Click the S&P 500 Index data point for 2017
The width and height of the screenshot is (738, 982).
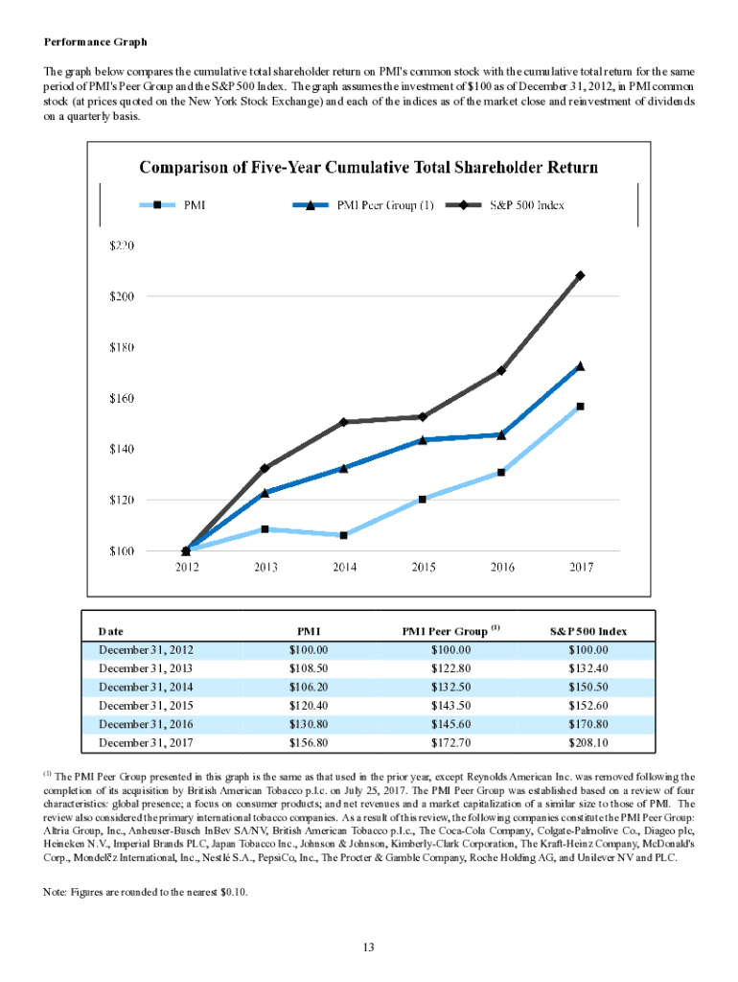pyautogui.click(x=581, y=275)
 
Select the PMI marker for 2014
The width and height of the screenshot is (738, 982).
pyautogui.click(x=344, y=535)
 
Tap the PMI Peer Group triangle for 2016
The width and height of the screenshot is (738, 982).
pyautogui.click(x=501, y=434)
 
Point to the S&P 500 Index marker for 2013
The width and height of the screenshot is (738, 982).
pyautogui.click(x=265, y=468)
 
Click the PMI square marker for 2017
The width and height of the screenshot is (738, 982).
pyautogui.click(x=581, y=407)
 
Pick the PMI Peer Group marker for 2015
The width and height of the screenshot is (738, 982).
pyautogui.click(x=423, y=439)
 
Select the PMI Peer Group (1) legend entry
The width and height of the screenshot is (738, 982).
pyautogui.click(x=368, y=204)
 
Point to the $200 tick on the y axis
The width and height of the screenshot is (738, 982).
pyautogui.click(x=119, y=296)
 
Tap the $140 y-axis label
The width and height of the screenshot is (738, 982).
pyautogui.click(x=119, y=449)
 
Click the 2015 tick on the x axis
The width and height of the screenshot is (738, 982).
pyautogui.click(x=423, y=568)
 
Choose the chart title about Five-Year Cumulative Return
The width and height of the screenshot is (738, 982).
pyautogui.click(x=369, y=167)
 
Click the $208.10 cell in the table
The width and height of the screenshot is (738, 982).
pyautogui.click(x=588, y=741)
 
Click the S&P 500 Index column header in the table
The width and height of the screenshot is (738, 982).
pyautogui.click(x=588, y=632)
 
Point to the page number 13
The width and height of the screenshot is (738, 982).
pyautogui.click(x=368, y=948)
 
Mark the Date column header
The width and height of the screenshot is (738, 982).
pyautogui.click(x=111, y=632)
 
